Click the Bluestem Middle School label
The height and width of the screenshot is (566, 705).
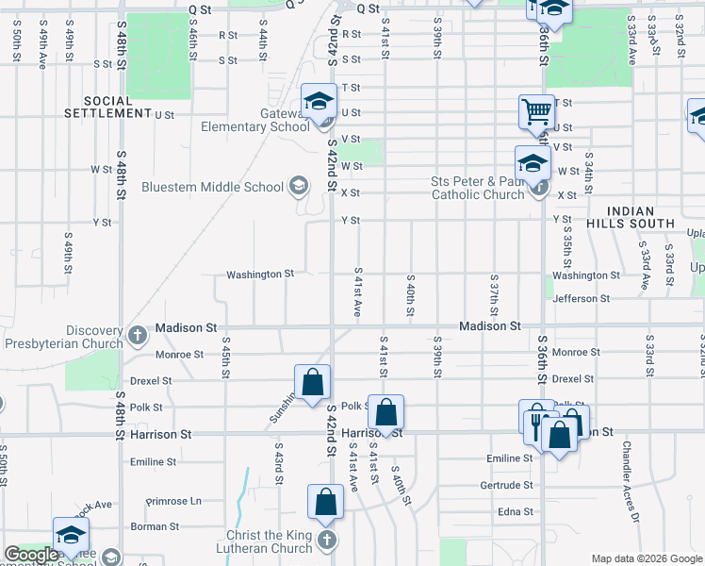tap(212, 187)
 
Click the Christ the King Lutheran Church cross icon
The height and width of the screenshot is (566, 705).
tap(326, 540)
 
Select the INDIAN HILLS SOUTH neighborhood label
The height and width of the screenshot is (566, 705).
tap(641, 217)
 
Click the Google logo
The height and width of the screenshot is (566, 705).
tap(31, 555)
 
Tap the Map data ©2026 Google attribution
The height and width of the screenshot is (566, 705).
tap(646, 558)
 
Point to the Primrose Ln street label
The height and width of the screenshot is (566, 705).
tap(174, 502)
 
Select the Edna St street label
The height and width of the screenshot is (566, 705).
tap(516, 511)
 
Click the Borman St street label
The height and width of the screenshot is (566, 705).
tap(148, 526)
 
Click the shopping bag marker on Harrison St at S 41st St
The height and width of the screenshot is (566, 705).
tap(385, 412)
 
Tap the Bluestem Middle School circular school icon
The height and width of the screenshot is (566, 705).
tap(299, 185)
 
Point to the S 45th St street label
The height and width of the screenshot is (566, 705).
tap(226, 358)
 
